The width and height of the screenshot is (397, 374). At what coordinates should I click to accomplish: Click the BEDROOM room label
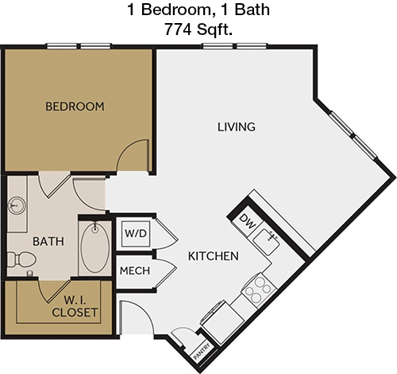[x=75, y=107]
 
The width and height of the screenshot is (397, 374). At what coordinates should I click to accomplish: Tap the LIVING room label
[x=237, y=127]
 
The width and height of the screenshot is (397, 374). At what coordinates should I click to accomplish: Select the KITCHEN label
[x=214, y=256]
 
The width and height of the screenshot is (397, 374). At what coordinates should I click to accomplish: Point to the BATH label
[x=48, y=241]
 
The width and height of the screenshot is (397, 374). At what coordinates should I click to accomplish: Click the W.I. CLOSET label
[x=75, y=306]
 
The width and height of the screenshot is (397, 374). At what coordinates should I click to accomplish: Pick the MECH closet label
[x=135, y=271]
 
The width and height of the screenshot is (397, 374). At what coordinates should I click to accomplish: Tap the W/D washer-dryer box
[x=136, y=234]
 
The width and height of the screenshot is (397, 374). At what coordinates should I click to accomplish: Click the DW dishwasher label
[x=248, y=221]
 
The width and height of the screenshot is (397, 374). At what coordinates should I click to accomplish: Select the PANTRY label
[x=202, y=352]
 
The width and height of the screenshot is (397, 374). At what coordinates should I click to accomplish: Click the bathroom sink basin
[x=17, y=205]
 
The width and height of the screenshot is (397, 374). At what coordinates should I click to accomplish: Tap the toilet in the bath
[x=21, y=259]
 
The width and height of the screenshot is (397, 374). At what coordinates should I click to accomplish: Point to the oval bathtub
[x=95, y=247]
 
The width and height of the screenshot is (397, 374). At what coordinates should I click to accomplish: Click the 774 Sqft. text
[x=198, y=29]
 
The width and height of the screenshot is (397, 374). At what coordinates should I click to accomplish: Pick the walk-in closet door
[x=54, y=291]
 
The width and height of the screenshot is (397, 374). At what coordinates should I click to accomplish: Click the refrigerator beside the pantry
[x=222, y=321]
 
